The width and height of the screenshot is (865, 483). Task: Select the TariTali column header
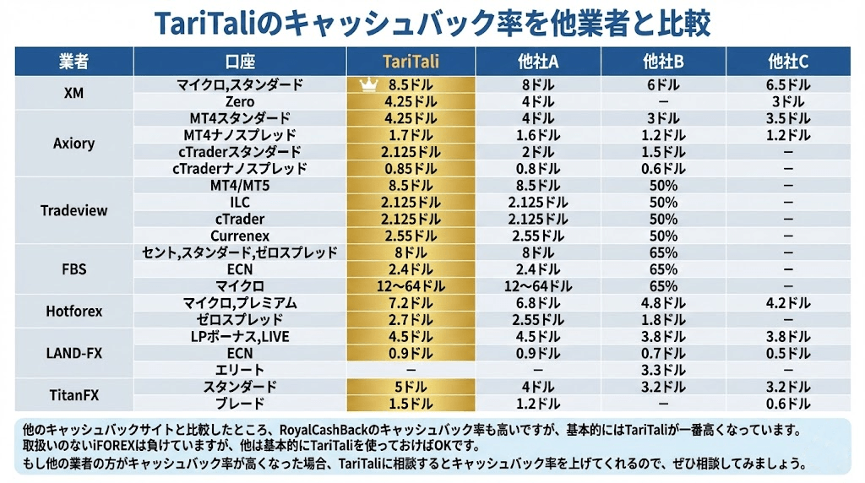pos(411,62)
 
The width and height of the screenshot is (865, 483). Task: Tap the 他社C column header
pos(787,62)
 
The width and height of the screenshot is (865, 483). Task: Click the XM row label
pos(73,93)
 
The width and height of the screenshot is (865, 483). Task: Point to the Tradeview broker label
pos(73,210)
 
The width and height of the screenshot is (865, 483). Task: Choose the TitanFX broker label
pos(73,394)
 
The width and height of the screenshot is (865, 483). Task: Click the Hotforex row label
pos(73,311)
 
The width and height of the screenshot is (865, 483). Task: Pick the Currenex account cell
pos(240,236)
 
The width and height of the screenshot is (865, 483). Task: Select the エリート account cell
pos(240,370)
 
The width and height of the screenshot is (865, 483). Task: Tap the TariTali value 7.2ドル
pos(411,302)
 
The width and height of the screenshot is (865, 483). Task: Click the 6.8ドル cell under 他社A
pos(537,302)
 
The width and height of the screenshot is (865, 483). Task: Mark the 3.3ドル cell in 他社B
pos(663,370)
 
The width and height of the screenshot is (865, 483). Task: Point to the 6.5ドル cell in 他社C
pos(787,84)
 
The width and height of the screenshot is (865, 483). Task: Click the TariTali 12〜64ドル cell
pos(411,286)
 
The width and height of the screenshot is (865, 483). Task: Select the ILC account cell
pos(240,202)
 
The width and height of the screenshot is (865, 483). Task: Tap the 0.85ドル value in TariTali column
pos(411,168)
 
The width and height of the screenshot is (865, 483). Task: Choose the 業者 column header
pos(73,62)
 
